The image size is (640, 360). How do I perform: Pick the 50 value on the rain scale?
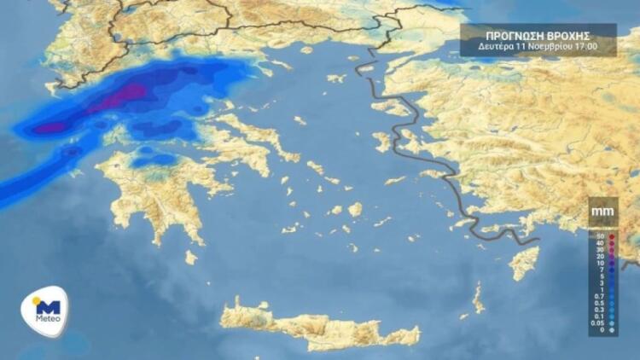[601, 235]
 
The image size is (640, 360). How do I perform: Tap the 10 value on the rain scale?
[601, 263]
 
